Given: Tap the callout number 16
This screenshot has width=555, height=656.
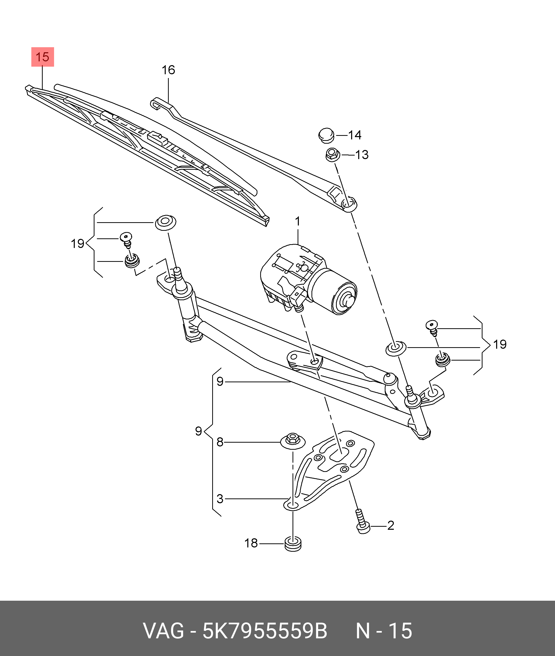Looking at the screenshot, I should [168, 70].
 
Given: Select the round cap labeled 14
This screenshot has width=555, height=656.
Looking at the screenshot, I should [326, 135].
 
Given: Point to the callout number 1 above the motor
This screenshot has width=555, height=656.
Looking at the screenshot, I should [297, 222].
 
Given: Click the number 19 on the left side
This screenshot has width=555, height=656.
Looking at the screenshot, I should [77, 243].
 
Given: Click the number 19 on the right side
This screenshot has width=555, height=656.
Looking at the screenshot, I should [500, 344].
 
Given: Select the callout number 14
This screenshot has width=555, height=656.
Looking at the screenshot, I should [355, 135].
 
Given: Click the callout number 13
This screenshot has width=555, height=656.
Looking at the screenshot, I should [362, 155].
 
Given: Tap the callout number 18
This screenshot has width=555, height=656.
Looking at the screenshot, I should [251, 543].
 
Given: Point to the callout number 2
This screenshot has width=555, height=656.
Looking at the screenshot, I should [391, 525].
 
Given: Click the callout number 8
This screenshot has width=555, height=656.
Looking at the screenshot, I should [220, 442].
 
